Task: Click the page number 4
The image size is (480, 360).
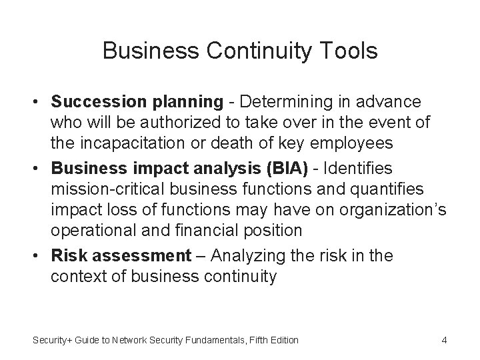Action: click(x=444, y=341)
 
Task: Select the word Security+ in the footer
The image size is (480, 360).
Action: click(x=55, y=341)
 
